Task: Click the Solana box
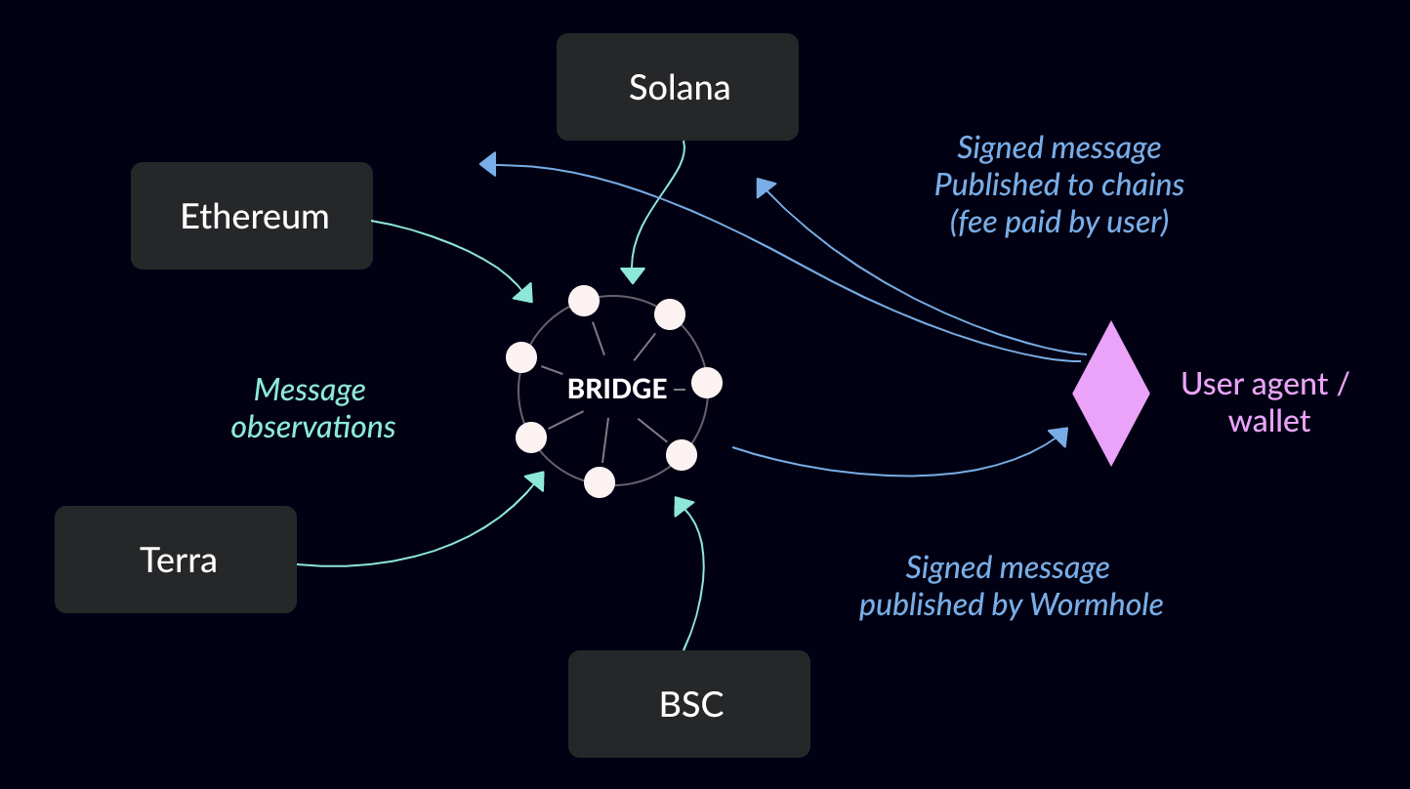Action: (x=678, y=88)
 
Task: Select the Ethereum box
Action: (x=252, y=216)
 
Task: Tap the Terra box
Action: (x=176, y=560)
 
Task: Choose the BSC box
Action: (x=689, y=704)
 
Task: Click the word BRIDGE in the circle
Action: (x=617, y=389)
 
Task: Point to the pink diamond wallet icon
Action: (x=1111, y=393)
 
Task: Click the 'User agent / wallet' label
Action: (x=1266, y=402)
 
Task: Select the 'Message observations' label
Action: (x=312, y=408)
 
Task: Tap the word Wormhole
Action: (x=1097, y=604)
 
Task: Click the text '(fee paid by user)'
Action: (x=1058, y=222)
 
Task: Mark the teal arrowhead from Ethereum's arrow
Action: (x=524, y=291)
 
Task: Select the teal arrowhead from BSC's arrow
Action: (x=683, y=506)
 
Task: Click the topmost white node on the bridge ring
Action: (x=584, y=301)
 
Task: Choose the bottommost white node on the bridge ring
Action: (x=600, y=481)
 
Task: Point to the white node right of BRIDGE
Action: (x=706, y=383)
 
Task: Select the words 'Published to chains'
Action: (x=1058, y=185)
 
